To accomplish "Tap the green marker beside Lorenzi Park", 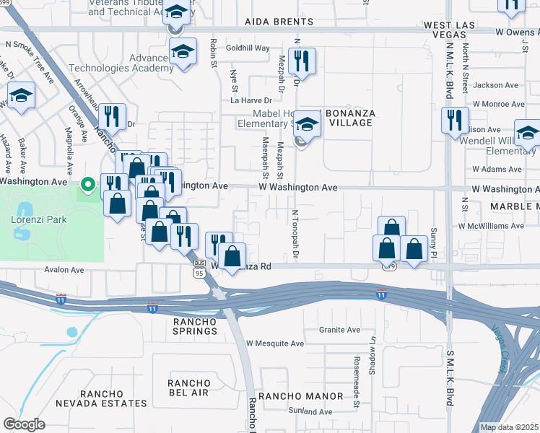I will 89,185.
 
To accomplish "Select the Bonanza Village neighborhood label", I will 349,118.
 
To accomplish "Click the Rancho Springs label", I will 195,325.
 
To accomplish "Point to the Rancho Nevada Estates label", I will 114,398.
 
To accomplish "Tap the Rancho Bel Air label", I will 188,388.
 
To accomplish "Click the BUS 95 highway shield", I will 200,270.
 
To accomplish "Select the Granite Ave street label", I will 339,330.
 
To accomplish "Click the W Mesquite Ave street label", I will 275,344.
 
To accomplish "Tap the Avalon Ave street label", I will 65,270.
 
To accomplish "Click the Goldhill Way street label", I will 248,48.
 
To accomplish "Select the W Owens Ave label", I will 517,32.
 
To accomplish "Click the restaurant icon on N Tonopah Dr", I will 302,60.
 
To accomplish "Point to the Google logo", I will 25,424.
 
